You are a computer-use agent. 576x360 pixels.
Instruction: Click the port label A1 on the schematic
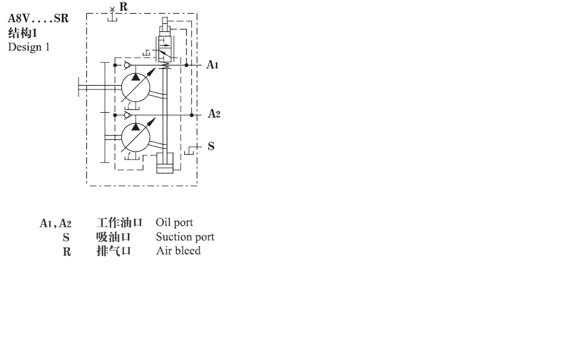tap(212, 65)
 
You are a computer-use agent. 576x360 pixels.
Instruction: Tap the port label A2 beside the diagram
tap(214, 113)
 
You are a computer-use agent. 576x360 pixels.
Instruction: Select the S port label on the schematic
tap(211, 146)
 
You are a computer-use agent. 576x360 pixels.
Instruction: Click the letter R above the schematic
tap(124, 7)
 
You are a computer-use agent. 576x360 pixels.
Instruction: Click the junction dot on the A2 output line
tap(191, 115)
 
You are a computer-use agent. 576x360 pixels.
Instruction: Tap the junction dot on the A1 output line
tap(186, 65)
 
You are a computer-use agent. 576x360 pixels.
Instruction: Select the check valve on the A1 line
tap(127, 65)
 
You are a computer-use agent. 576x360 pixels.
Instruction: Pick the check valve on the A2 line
tap(127, 115)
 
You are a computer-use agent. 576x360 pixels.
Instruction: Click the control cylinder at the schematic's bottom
tap(164, 163)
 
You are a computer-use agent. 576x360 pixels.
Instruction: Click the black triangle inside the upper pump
tap(136, 77)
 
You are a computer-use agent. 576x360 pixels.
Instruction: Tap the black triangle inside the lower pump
tap(136, 127)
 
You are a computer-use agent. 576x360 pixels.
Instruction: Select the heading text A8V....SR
tap(38, 19)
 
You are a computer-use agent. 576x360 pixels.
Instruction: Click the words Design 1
tap(29, 47)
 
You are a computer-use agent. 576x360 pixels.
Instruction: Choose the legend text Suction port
tap(185, 237)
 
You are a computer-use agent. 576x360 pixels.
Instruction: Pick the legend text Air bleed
tap(179, 251)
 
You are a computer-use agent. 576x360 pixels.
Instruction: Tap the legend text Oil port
tap(175, 223)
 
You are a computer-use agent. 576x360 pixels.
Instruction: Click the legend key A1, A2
tap(55, 223)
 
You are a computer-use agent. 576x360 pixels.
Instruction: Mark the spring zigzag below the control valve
tap(165, 65)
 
